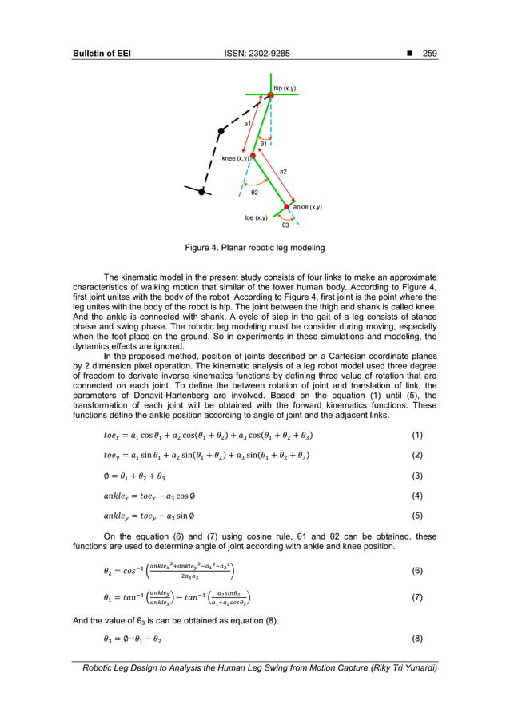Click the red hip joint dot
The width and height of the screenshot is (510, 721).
271,95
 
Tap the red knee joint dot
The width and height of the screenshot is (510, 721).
253,157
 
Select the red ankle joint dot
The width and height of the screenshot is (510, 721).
286,207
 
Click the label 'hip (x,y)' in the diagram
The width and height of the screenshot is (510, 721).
285,87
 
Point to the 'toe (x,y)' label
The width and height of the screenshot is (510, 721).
256,217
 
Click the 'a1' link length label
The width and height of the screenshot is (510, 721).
248,125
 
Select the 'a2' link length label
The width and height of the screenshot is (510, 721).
283,172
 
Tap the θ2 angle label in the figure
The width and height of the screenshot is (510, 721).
254,193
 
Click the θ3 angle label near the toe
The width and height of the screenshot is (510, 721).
285,226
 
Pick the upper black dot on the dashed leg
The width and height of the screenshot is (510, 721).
221,130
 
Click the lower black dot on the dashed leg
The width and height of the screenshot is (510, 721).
201,191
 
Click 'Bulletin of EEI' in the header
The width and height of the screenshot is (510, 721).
102,54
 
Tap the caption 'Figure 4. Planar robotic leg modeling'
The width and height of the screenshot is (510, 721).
255,249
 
